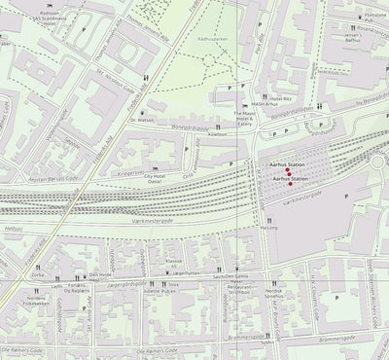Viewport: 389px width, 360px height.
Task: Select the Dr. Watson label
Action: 143,120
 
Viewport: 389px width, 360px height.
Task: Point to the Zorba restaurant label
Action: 38,274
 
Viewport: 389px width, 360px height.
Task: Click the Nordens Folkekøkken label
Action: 35,301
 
